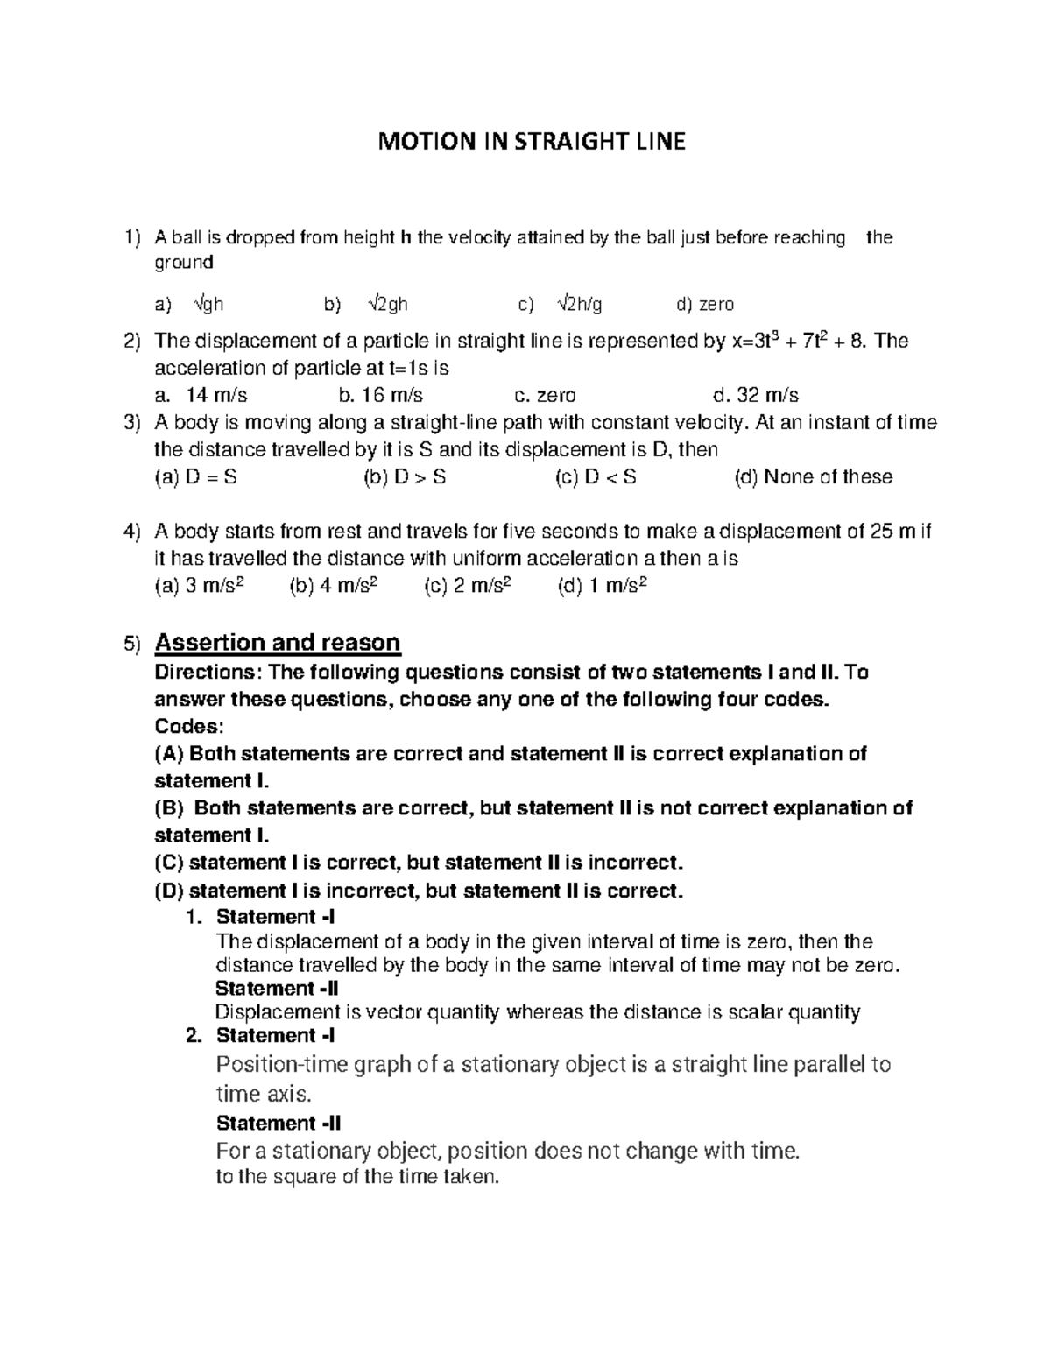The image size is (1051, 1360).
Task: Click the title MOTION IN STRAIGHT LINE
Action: [531, 141]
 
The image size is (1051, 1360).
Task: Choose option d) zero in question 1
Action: [705, 304]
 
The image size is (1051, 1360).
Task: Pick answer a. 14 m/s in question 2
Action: [201, 395]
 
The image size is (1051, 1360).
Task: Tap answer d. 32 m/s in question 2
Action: [757, 395]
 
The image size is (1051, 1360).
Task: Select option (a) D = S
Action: [195, 477]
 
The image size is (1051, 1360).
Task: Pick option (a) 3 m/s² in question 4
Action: [199, 586]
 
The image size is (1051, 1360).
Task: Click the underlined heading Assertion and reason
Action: [277, 643]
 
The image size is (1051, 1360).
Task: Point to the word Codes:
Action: [189, 726]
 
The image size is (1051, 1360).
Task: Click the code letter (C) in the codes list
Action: [169, 863]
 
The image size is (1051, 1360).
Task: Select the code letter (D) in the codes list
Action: [169, 891]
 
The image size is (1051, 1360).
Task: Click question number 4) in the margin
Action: [131, 532]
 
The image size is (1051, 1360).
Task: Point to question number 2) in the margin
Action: [131, 341]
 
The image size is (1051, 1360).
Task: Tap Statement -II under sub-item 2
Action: [279, 1123]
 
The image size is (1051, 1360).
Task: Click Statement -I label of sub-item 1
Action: [275, 917]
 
